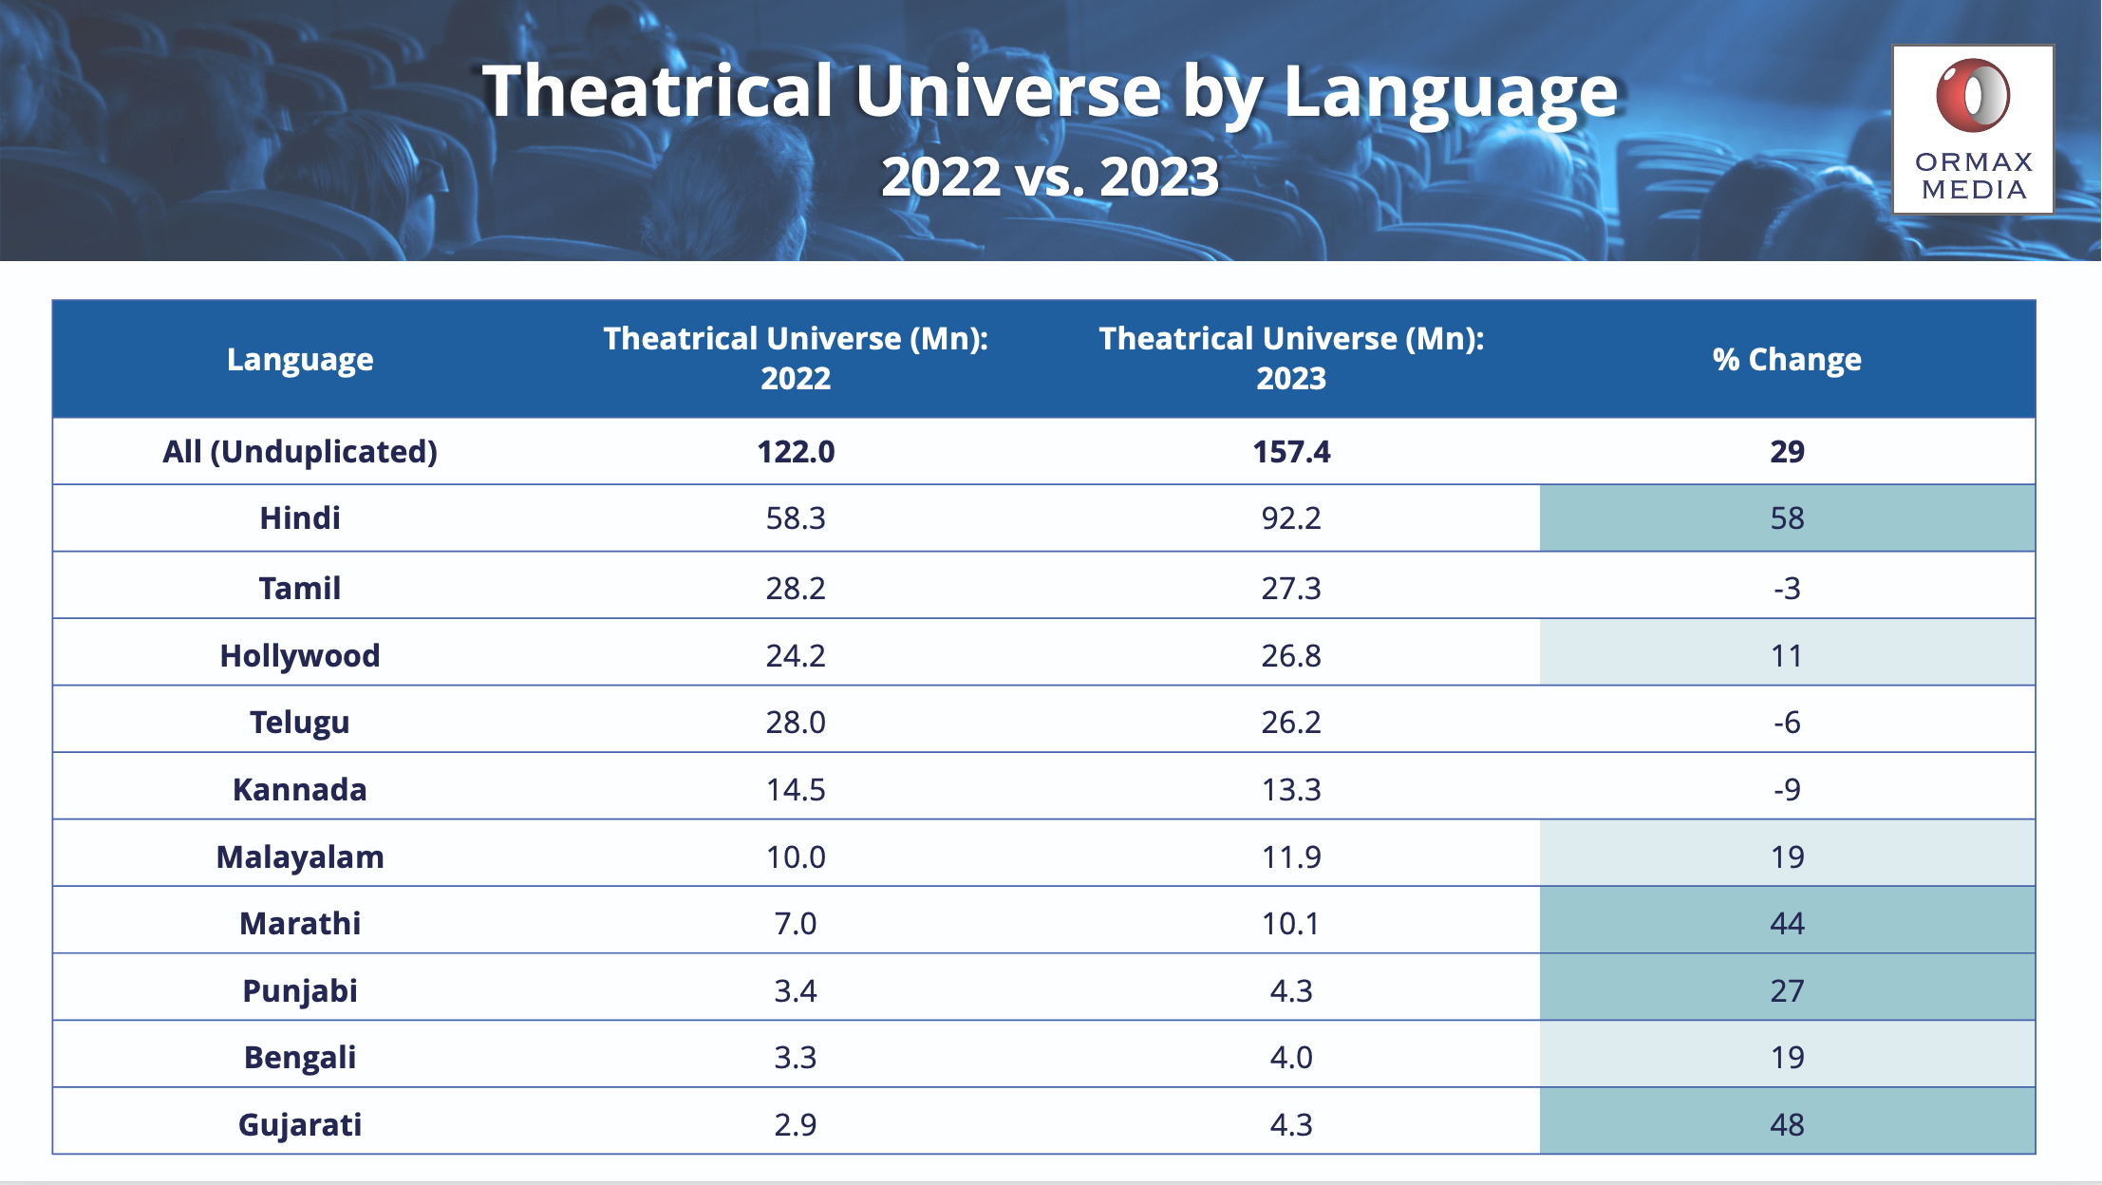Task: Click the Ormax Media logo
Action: coord(1973,129)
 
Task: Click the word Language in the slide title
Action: coord(1451,93)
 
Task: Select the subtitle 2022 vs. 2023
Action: coord(1050,177)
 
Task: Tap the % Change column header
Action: coord(1787,359)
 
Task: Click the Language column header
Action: coord(300,359)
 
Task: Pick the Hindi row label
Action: coord(300,518)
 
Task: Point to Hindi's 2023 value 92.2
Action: coord(1291,518)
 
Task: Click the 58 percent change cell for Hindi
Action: coord(1787,518)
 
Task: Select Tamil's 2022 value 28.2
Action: coord(796,588)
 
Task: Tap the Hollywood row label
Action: coord(300,655)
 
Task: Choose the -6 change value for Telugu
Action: coord(1787,723)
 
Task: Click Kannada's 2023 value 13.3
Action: coord(1291,789)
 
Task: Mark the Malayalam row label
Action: coord(300,856)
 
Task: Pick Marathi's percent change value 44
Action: coord(1787,923)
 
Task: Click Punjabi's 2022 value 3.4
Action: coord(796,990)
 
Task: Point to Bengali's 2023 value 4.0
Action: coord(1291,1057)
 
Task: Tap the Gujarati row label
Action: coord(300,1124)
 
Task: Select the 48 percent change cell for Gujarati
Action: coord(1787,1124)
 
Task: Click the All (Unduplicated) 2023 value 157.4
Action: coord(1291,451)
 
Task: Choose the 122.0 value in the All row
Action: coord(796,451)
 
